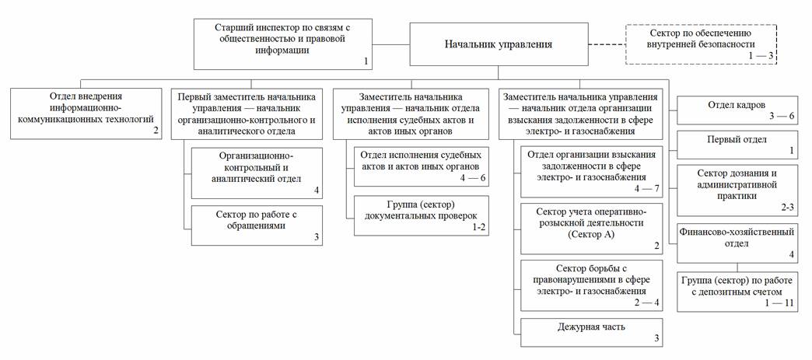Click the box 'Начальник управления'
[499, 44]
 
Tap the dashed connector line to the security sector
[606, 44]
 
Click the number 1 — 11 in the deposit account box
[779, 302]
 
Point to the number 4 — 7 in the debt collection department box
[646, 188]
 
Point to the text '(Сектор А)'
[591, 233]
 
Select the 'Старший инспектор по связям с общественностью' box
[284, 44]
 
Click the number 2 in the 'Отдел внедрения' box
[156, 131]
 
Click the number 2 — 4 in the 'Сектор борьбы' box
[646, 302]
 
